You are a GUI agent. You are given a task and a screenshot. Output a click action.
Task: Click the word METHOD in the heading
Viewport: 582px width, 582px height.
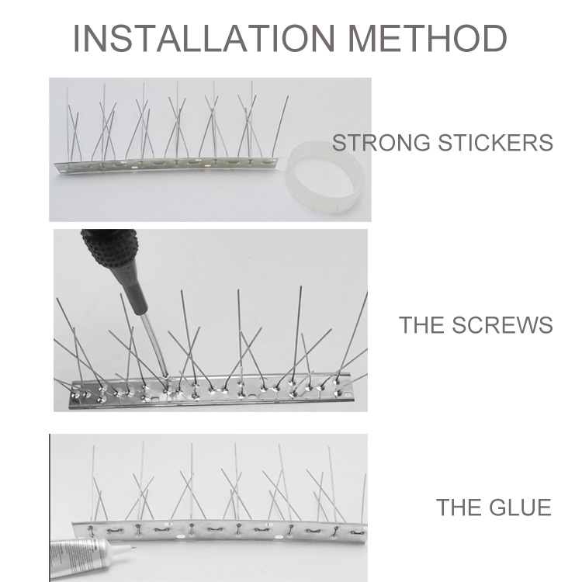tap(428, 38)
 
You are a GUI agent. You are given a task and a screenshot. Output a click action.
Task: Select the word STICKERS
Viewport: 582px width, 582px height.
tap(496, 143)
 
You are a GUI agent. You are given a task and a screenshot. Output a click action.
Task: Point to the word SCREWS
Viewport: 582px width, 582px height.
tap(502, 325)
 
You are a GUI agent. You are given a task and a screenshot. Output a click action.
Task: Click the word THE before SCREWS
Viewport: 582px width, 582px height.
tap(421, 325)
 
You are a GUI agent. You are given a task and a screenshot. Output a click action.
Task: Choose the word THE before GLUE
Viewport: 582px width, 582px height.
tap(459, 507)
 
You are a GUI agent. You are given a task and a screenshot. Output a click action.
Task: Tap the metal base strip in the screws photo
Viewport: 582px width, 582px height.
tap(210, 396)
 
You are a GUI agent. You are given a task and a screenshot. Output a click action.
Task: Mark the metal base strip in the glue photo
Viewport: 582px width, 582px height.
tap(219, 532)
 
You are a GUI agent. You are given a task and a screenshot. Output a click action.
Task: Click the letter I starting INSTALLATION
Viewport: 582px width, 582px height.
tap(77, 38)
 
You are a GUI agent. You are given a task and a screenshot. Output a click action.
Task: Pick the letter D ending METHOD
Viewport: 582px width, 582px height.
tap(495, 38)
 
